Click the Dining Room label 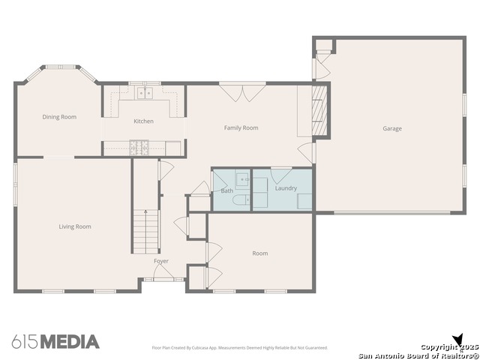point(59,117)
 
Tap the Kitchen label point(143,121)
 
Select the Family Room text point(241,128)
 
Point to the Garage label point(392,128)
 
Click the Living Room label point(75,226)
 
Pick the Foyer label point(161,261)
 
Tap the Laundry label point(286,188)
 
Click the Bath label point(227,190)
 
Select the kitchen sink point(145,93)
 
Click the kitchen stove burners point(139,148)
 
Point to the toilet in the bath point(241,200)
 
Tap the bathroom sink point(243,179)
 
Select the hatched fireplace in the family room point(319,110)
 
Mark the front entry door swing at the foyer point(163,271)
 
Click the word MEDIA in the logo point(70,342)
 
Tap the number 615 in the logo point(25,342)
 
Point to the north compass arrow point(458,340)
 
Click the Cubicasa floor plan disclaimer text point(240,348)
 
